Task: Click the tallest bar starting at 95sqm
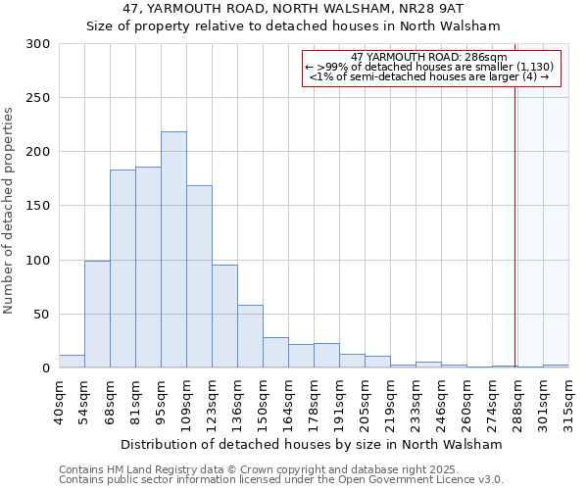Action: [173, 250]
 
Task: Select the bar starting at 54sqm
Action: [97, 314]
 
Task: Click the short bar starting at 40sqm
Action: [72, 362]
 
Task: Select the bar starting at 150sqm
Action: [275, 353]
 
